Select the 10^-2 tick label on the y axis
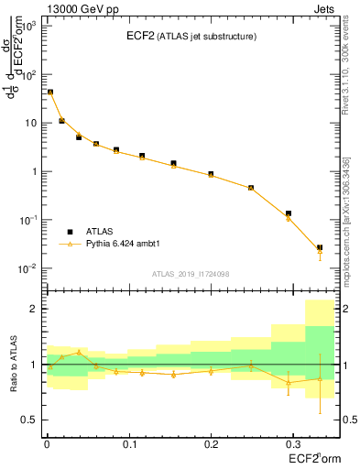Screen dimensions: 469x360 [26, 268]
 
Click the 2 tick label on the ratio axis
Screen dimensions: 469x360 [32, 310]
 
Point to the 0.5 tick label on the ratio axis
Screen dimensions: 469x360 [28, 420]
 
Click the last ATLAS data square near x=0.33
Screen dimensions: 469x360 [320, 248]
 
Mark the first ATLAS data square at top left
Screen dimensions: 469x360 [50, 93]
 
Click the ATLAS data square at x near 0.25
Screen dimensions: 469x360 [251, 188]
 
